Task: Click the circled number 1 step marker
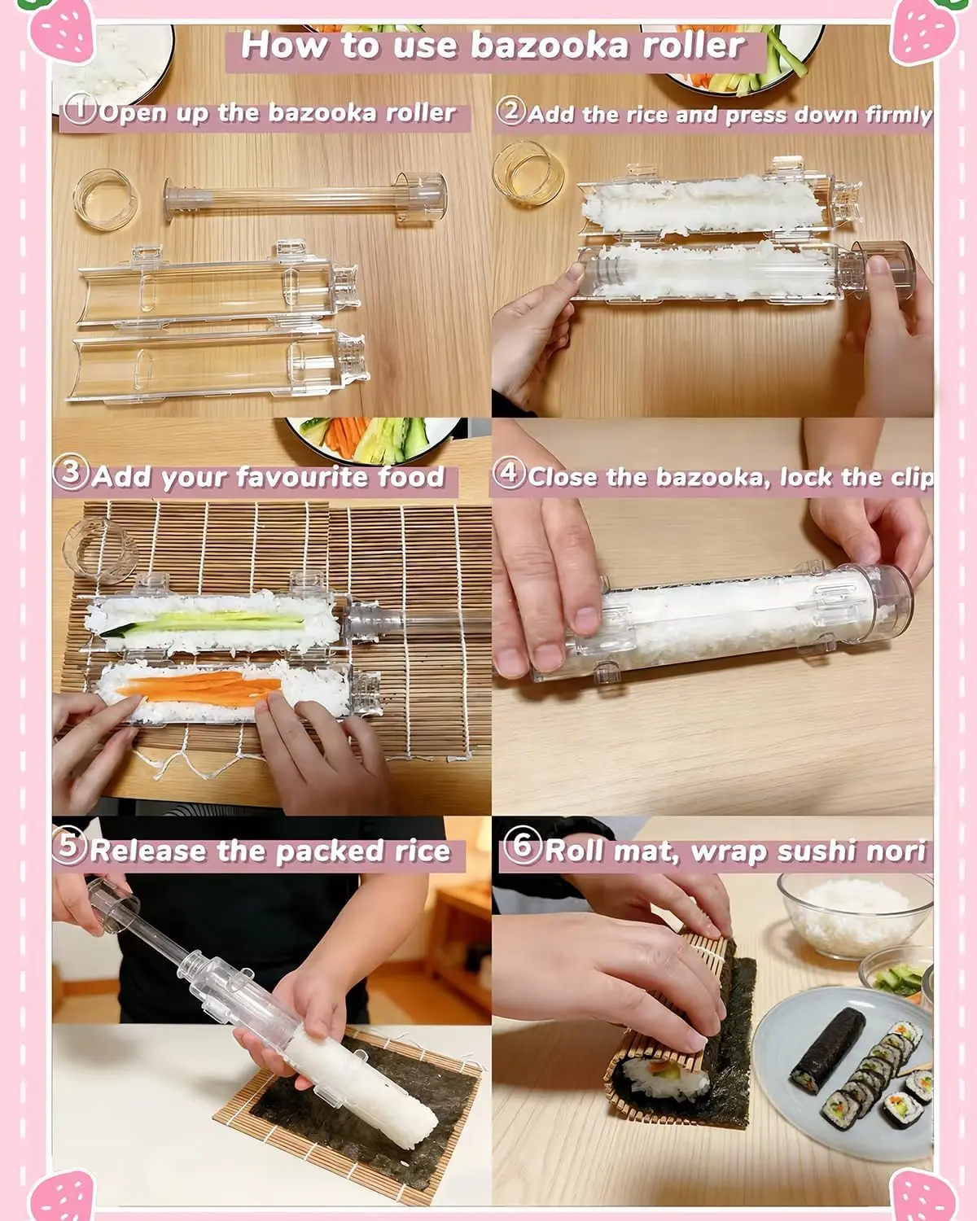click(79, 109)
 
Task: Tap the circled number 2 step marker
click(511, 111)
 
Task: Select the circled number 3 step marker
click(70, 473)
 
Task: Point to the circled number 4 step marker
click(509, 473)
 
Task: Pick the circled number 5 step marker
click(68, 847)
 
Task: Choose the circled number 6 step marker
click(522, 847)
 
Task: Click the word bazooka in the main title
click(550, 46)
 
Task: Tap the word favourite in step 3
click(303, 477)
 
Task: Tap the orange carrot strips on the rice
click(199, 687)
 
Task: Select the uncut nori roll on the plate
click(827, 1051)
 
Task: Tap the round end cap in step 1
click(106, 199)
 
